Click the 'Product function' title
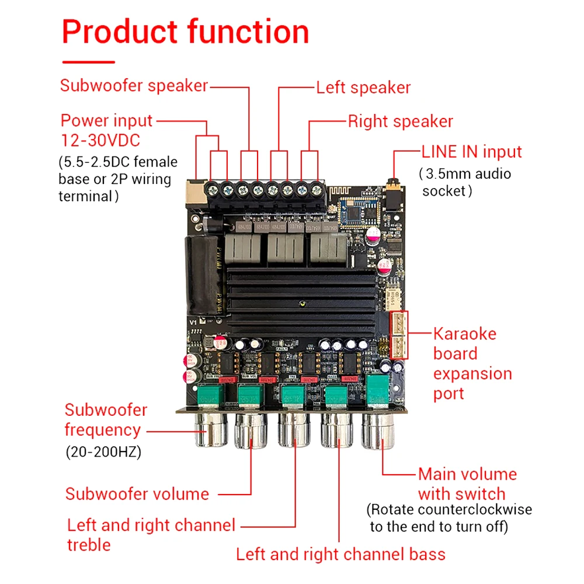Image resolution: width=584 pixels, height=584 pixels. [x=186, y=32]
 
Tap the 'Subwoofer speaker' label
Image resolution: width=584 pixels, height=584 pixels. [x=134, y=86]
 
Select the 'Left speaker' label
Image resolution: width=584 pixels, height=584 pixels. [x=363, y=88]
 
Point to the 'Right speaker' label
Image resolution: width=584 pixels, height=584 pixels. [x=401, y=121]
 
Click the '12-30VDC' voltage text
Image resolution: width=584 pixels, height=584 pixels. [x=100, y=140]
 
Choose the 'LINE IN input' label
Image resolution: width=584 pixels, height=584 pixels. [x=471, y=152]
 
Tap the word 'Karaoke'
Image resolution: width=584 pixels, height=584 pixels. [x=465, y=334]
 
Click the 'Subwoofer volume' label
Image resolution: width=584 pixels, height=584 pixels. [x=137, y=494]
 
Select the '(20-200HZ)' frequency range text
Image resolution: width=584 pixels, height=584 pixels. [x=103, y=452]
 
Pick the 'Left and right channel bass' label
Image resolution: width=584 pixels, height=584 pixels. [x=341, y=554]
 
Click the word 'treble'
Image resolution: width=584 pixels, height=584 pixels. [x=89, y=545]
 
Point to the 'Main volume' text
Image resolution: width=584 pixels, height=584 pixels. [x=467, y=474]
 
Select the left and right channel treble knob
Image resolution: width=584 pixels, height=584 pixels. [x=294, y=430]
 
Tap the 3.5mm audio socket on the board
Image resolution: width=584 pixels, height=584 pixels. [x=394, y=195]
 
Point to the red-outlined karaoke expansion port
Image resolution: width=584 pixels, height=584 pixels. [x=399, y=335]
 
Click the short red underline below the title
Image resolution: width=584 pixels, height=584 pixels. [x=89, y=62]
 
